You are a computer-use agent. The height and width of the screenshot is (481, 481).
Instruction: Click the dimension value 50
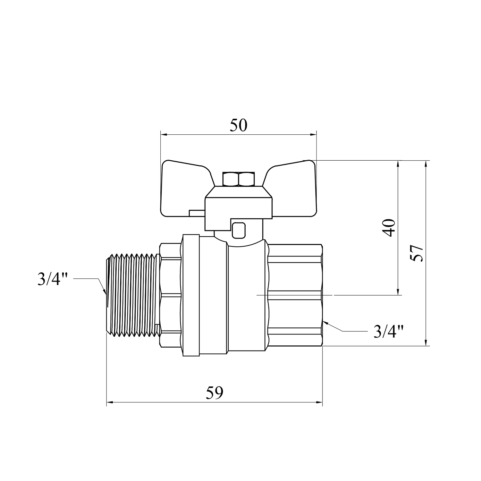pyautogui.click(x=239, y=125)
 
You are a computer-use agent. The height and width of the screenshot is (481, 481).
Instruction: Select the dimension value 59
pyautogui.click(x=214, y=393)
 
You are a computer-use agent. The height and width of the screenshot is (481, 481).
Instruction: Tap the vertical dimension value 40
pyautogui.click(x=389, y=228)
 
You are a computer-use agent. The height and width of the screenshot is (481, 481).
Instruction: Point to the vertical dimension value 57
pyautogui.click(x=417, y=253)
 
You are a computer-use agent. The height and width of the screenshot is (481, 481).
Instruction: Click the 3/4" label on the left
pyautogui.click(x=53, y=279)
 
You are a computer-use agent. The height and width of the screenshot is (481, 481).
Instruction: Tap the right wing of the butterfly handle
pyautogui.click(x=290, y=188)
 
